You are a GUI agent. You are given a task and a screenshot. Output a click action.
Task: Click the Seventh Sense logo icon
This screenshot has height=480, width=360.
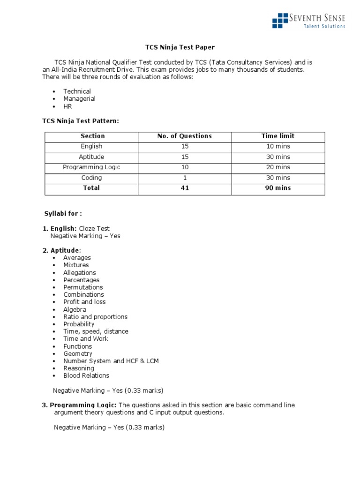280,21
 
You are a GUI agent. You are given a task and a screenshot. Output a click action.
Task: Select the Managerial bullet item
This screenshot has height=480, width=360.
79,99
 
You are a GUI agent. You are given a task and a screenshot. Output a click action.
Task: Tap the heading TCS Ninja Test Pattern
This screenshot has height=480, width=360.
81,121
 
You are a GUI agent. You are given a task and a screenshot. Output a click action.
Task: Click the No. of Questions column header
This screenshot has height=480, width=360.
184,136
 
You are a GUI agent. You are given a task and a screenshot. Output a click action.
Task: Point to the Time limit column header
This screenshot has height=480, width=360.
278,136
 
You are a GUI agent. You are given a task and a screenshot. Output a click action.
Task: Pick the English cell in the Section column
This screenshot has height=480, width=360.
91,146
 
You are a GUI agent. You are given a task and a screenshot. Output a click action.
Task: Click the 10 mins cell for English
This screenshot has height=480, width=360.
278,146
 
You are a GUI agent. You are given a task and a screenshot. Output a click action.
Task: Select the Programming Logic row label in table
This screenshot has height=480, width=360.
91,167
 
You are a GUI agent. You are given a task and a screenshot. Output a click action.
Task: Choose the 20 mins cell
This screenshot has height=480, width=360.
278,167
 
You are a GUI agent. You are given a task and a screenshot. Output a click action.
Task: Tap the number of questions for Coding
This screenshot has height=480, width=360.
185,178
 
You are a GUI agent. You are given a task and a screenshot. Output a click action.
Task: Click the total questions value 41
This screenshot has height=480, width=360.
185,188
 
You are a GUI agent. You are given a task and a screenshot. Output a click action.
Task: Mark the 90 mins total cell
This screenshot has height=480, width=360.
278,188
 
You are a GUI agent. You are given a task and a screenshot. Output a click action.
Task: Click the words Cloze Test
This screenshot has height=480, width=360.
94,229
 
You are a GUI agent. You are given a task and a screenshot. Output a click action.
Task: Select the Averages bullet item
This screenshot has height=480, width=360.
77,258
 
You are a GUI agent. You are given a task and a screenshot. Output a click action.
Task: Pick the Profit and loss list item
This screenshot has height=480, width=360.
84,302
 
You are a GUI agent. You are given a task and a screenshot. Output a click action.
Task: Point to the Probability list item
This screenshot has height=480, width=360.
79,324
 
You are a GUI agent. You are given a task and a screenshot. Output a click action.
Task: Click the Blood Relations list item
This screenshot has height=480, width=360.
86,375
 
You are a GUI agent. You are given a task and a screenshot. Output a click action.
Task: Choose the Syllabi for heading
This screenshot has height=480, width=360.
63,214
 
